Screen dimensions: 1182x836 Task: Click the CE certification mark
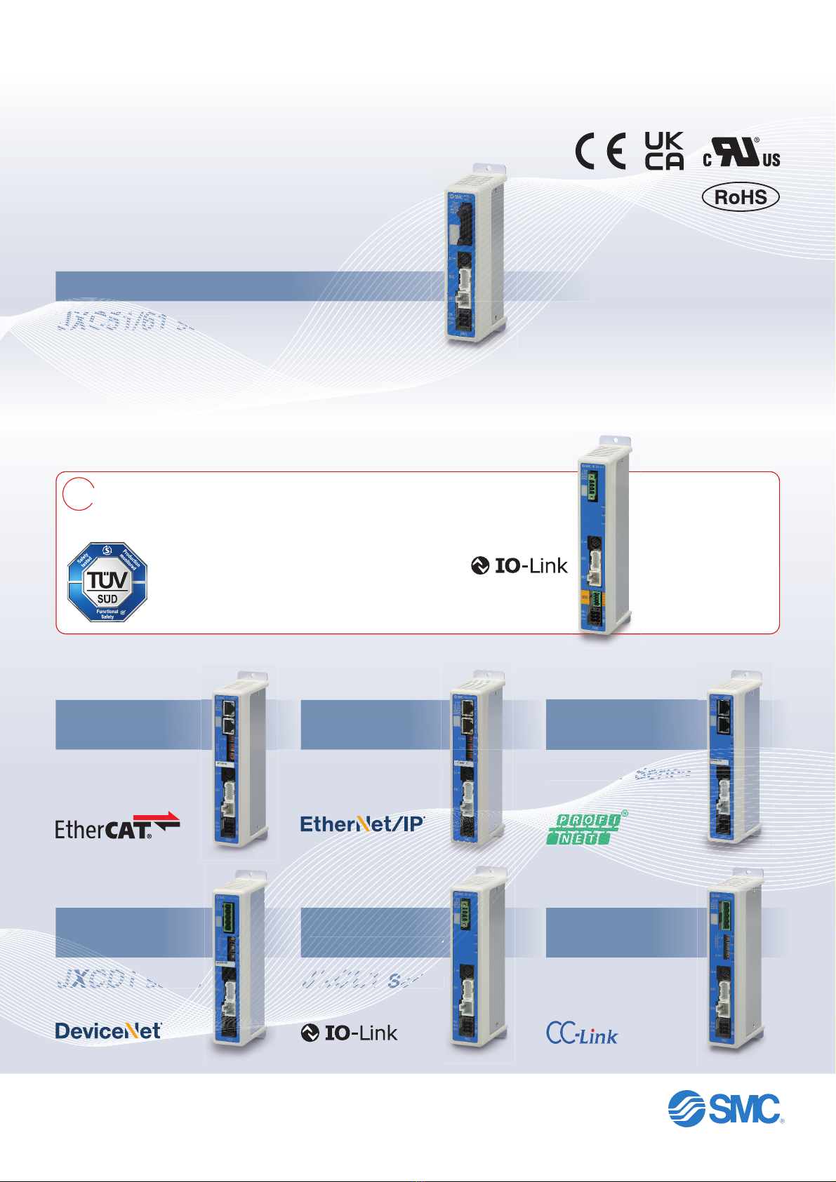(601, 152)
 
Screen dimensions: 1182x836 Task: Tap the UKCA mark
(663, 151)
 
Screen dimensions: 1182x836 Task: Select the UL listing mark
(741, 153)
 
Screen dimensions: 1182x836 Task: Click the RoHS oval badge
(741, 197)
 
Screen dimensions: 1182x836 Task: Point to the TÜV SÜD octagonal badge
(107, 582)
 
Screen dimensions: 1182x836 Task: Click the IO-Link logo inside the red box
(519, 565)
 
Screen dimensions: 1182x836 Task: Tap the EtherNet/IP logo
(362, 824)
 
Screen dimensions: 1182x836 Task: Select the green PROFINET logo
(586, 828)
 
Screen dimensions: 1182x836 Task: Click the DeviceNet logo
(108, 1030)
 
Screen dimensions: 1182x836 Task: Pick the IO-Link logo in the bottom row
(349, 1033)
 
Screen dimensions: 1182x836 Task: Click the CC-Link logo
(582, 1033)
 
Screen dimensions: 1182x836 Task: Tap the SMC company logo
(725, 1109)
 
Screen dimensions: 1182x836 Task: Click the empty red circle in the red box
(78, 493)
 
